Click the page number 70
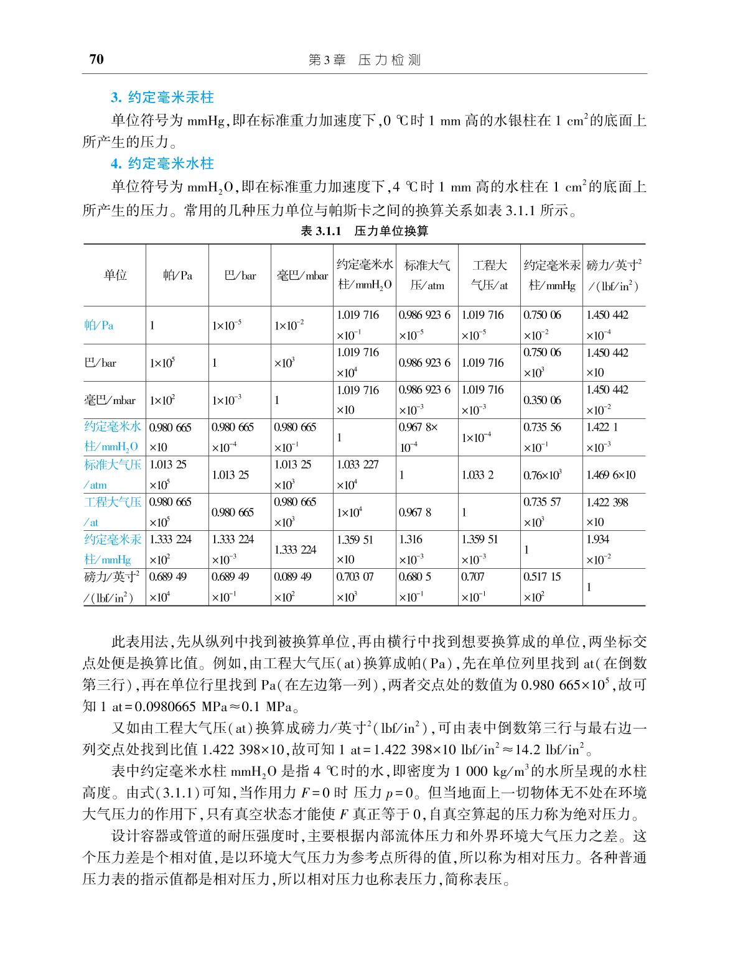click(x=96, y=60)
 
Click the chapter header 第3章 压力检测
click(x=365, y=60)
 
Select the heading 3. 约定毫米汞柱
click(x=162, y=98)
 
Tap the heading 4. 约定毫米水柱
click(x=162, y=163)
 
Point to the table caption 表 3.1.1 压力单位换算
click(x=365, y=231)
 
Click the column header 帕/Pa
click(x=177, y=275)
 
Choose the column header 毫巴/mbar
click(x=302, y=275)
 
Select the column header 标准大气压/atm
click(x=427, y=275)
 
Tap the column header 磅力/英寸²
click(x=614, y=275)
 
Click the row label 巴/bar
click(x=101, y=363)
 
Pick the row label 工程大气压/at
click(x=113, y=512)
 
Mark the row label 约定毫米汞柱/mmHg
click(x=113, y=549)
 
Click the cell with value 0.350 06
click(x=542, y=400)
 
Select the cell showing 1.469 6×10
click(x=611, y=475)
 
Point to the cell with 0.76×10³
click(x=543, y=475)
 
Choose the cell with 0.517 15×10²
click(x=542, y=586)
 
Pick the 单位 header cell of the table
click(x=115, y=275)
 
